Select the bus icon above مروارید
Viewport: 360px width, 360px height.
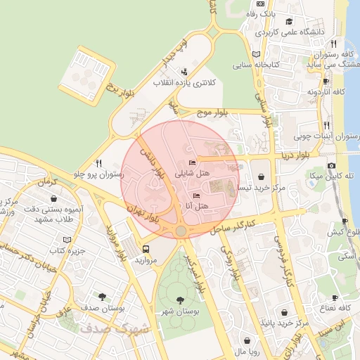pyautogui.click(x=146, y=248)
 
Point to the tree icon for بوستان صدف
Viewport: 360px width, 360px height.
pyautogui.click(x=103, y=297)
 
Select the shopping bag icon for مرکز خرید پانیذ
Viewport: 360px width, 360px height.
pyautogui.click(x=284, y=313)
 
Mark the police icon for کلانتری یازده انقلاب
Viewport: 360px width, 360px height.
pyautogui.click(x=184, y=71)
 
